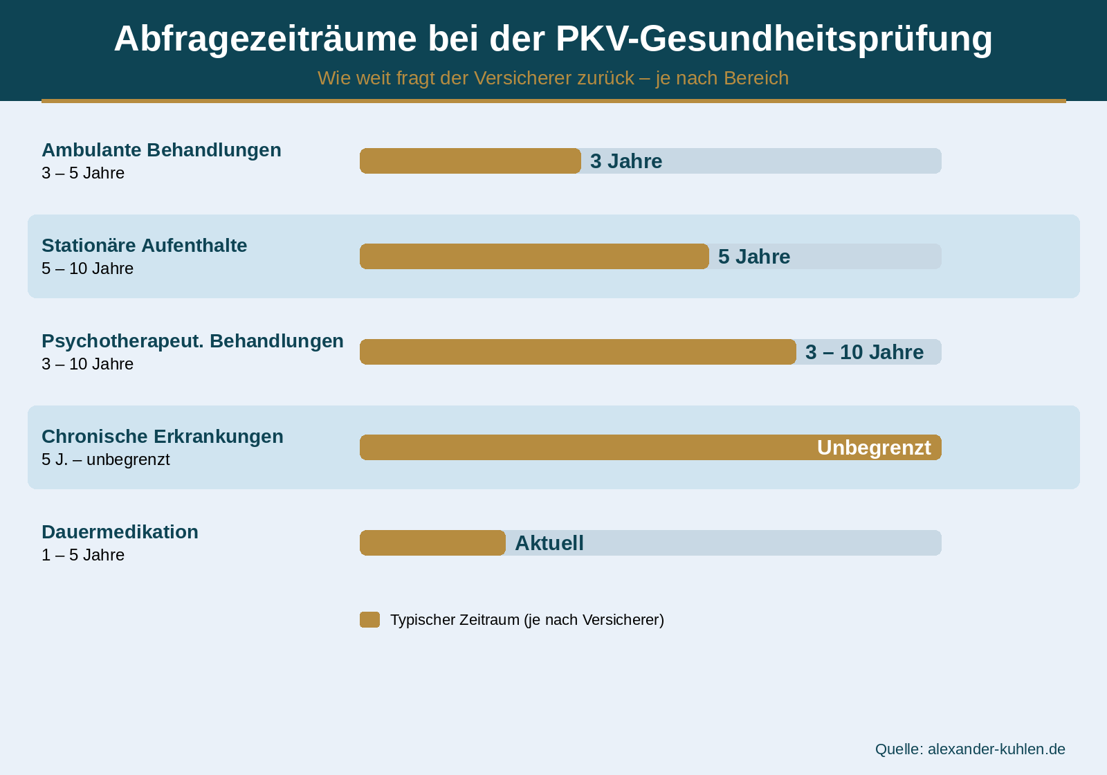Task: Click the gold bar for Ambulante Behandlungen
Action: [x=470, y=161]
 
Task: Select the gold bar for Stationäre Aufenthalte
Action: [x=534, y=256]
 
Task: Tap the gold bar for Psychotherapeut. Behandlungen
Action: [x=578, y=352]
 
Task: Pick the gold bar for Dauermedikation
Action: [x=432, y=542]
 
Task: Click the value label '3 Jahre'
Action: [x=626, y=161]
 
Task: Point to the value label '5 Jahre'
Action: [x=754, y=257]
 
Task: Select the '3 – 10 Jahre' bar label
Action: [x=864, y=352]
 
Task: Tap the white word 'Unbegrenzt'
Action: [x=874, y=448]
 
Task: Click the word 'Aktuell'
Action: [x=549, y=543]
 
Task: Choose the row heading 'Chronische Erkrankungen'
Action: [x=163, y=436]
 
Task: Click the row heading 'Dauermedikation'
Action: [x=120, y=531]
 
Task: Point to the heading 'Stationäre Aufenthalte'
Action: [x=144, y=245]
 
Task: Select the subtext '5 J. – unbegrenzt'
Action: [x=105, y=459]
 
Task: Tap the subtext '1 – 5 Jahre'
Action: [x=83, y=555]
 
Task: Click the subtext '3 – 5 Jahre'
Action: [x=83, y=173]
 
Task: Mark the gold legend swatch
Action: [x=369, y=619]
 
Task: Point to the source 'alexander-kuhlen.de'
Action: [x=996, y=749]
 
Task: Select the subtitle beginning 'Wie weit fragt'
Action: [x=553, y=78]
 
